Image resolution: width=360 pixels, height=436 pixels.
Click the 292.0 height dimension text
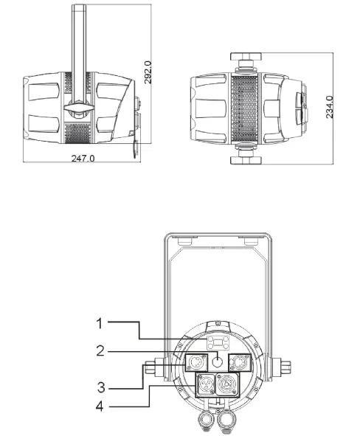[x=148, y=72]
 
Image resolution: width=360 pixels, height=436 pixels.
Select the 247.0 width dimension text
[x=83, y=159]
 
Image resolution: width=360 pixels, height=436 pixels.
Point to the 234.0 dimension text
[x=329, y=107]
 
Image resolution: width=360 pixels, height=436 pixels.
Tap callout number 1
[x=100, y=324]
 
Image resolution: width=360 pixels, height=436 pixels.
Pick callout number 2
[x=100, y=350]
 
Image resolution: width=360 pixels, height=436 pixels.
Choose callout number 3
[x=101, y=387]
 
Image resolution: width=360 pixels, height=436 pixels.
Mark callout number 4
[x=100, y=406]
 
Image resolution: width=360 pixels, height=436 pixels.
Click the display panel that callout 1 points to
[x=218, y=342]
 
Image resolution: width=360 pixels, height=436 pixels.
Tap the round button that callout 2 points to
[x=218, y=362]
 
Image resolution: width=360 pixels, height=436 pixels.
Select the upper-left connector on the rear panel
[x=196, y=362]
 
